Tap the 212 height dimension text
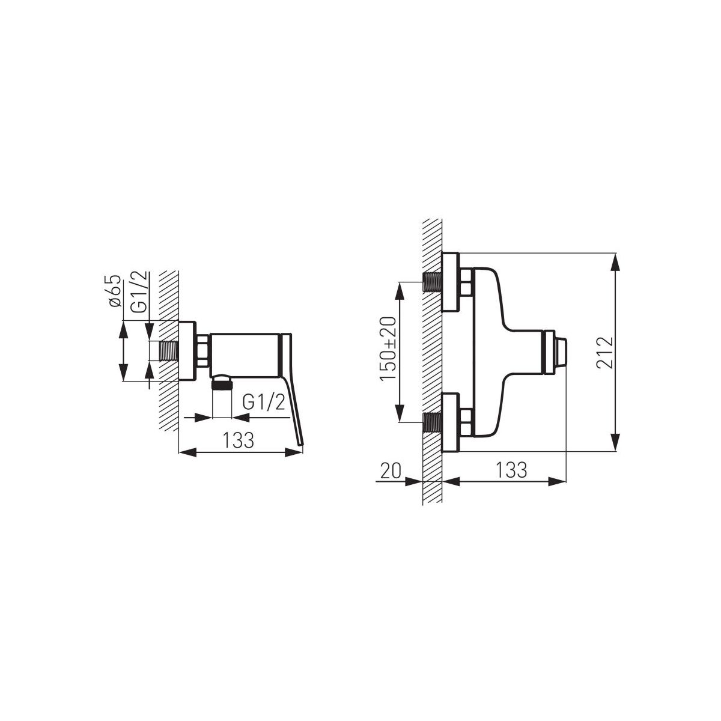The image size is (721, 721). click(604, 353)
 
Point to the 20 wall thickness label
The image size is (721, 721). click(391, 470)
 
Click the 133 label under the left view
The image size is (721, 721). click(239, 440)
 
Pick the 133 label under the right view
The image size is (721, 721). click(511, 470)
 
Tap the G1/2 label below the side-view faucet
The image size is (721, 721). click(264, 403)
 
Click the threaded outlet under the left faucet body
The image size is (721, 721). click(222, 384)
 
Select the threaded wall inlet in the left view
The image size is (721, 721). click(169, 351)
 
